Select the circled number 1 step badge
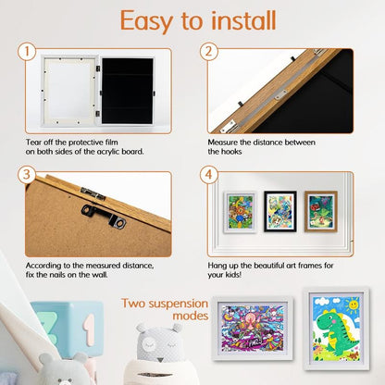[x=29, y=52]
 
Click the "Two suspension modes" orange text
[x=165, y=309]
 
